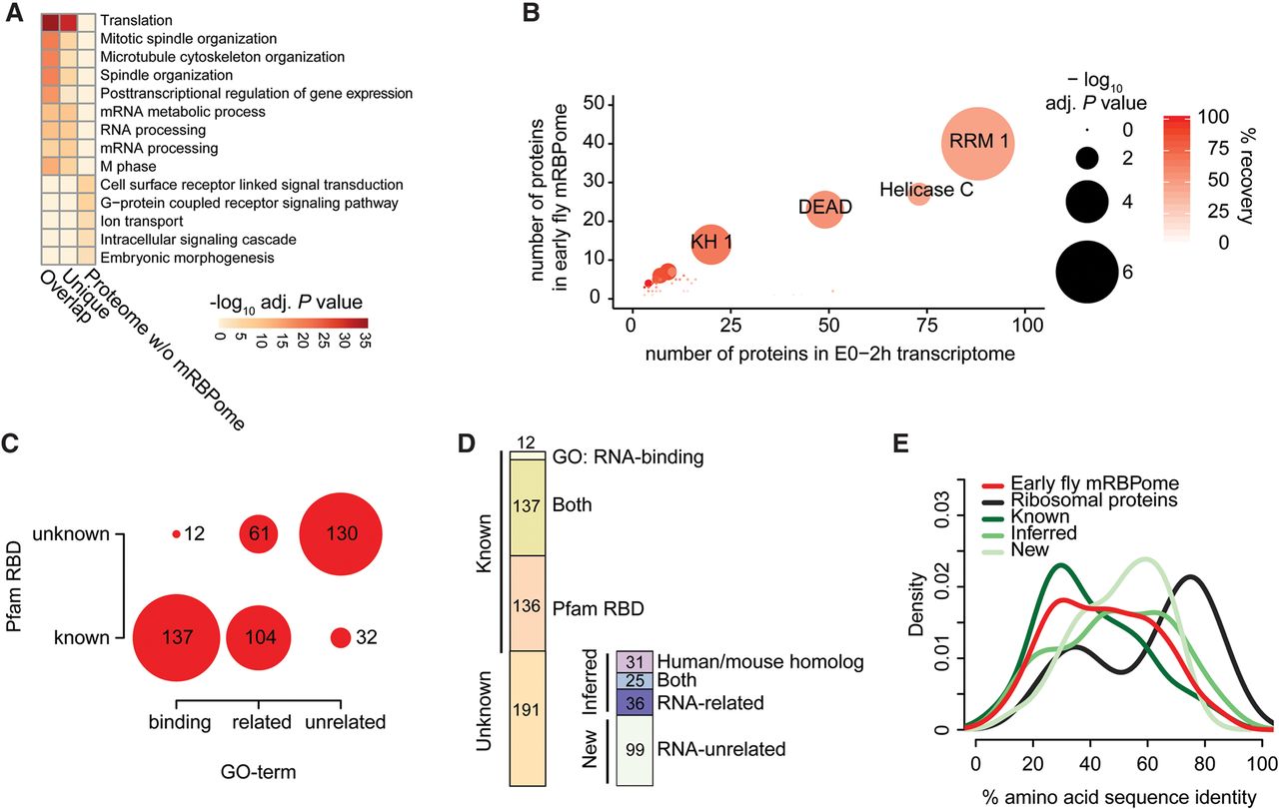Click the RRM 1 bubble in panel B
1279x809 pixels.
[x=977, y=143]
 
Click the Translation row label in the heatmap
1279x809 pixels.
[x=137, y=21]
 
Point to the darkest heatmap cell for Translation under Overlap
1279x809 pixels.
[x=50, y=22]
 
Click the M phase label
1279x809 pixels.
[x=129, y=167]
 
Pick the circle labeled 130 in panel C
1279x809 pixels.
[x=341, y=534]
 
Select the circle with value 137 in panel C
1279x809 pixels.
[x=177, y=637]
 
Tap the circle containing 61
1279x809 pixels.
[x=259, y=534]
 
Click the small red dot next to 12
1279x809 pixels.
[x=176, y=534]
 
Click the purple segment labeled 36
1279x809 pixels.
[x=635, y=702]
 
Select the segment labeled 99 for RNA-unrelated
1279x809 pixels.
[x=635, y=750]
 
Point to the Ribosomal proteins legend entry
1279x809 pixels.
[x=1080, y=500]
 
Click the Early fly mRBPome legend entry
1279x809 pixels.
[x=1080, y=483]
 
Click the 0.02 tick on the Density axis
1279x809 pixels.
[x=943, y=586]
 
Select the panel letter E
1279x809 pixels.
[x=900, y=443]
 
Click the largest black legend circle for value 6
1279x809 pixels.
[x=1086, y=272]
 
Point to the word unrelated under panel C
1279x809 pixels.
[x=346, y=722]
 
